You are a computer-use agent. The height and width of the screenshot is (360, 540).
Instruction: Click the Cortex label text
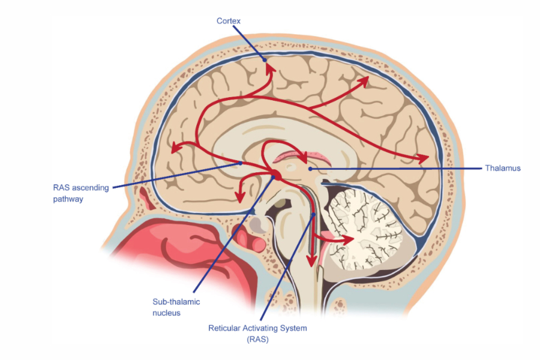click(x=229, y=21)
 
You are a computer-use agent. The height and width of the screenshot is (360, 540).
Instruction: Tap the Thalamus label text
click(x=503, y=169)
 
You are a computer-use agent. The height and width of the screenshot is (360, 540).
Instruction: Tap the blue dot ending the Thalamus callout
click(x=310, y=169)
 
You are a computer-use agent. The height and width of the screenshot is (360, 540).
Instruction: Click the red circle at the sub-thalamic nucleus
click(x=276, y=175)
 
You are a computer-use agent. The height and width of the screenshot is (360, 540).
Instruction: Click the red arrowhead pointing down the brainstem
click(x=311, y=260)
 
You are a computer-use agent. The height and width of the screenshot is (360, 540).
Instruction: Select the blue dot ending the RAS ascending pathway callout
click(x=241, y=162)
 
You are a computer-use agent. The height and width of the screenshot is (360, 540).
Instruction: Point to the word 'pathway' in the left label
click(x=68, y=199)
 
